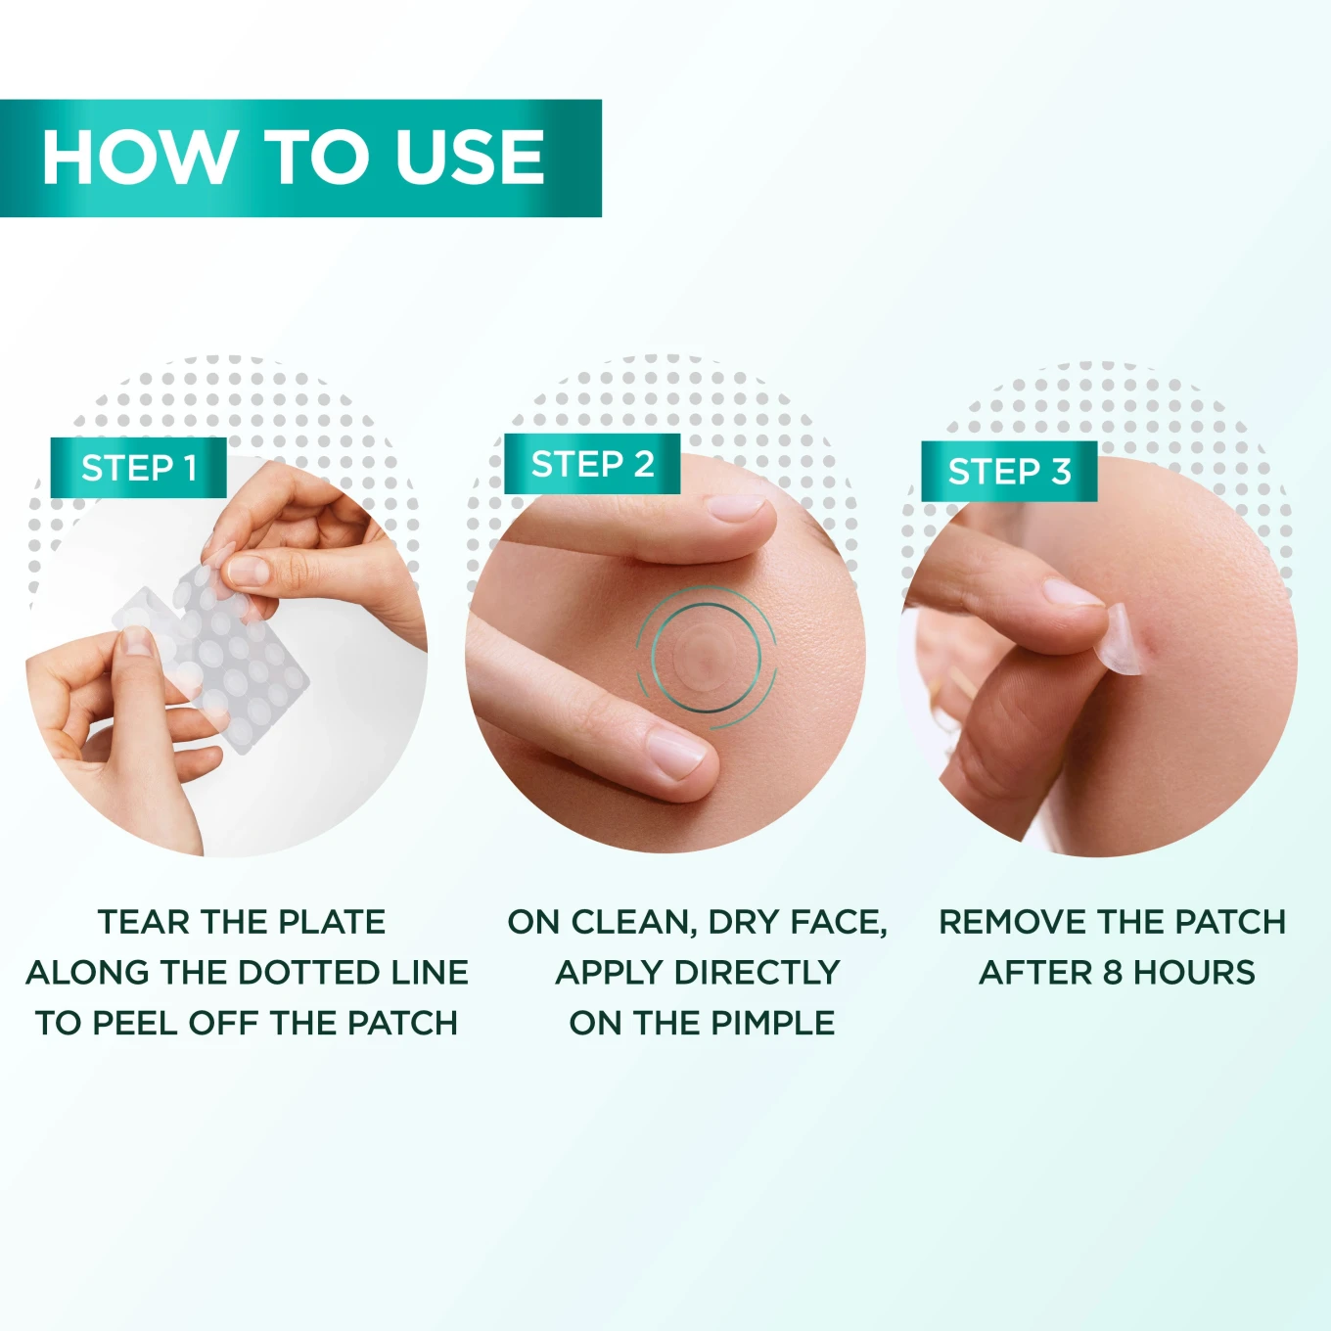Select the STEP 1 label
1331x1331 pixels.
click(x=139, y=468)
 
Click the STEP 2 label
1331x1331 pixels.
click(x=592, y=464)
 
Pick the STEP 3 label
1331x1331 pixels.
click(x=1009, y=472)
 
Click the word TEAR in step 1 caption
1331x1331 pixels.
click(x=143, y=922)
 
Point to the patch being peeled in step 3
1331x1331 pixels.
click(x=1125, y=641)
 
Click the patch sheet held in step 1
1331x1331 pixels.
click(x=235, y=665)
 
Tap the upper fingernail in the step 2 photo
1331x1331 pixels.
click(x=737, y=507)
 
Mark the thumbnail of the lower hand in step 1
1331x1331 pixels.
click(x=136, y=641)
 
